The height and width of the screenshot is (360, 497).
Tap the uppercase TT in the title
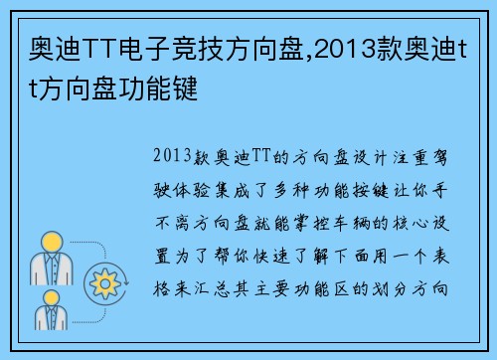click(86, 45)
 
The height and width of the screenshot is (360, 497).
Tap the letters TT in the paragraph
click(258, 156)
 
